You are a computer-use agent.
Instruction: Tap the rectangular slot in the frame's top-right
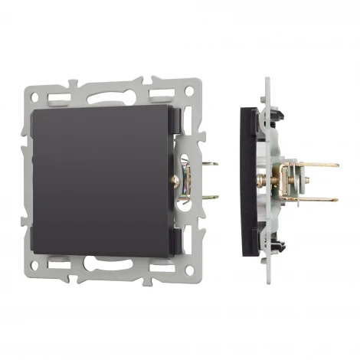pyautogui.click(x=165, y=95)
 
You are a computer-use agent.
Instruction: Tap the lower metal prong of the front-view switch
pyautogui.click(x=208, y=197)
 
